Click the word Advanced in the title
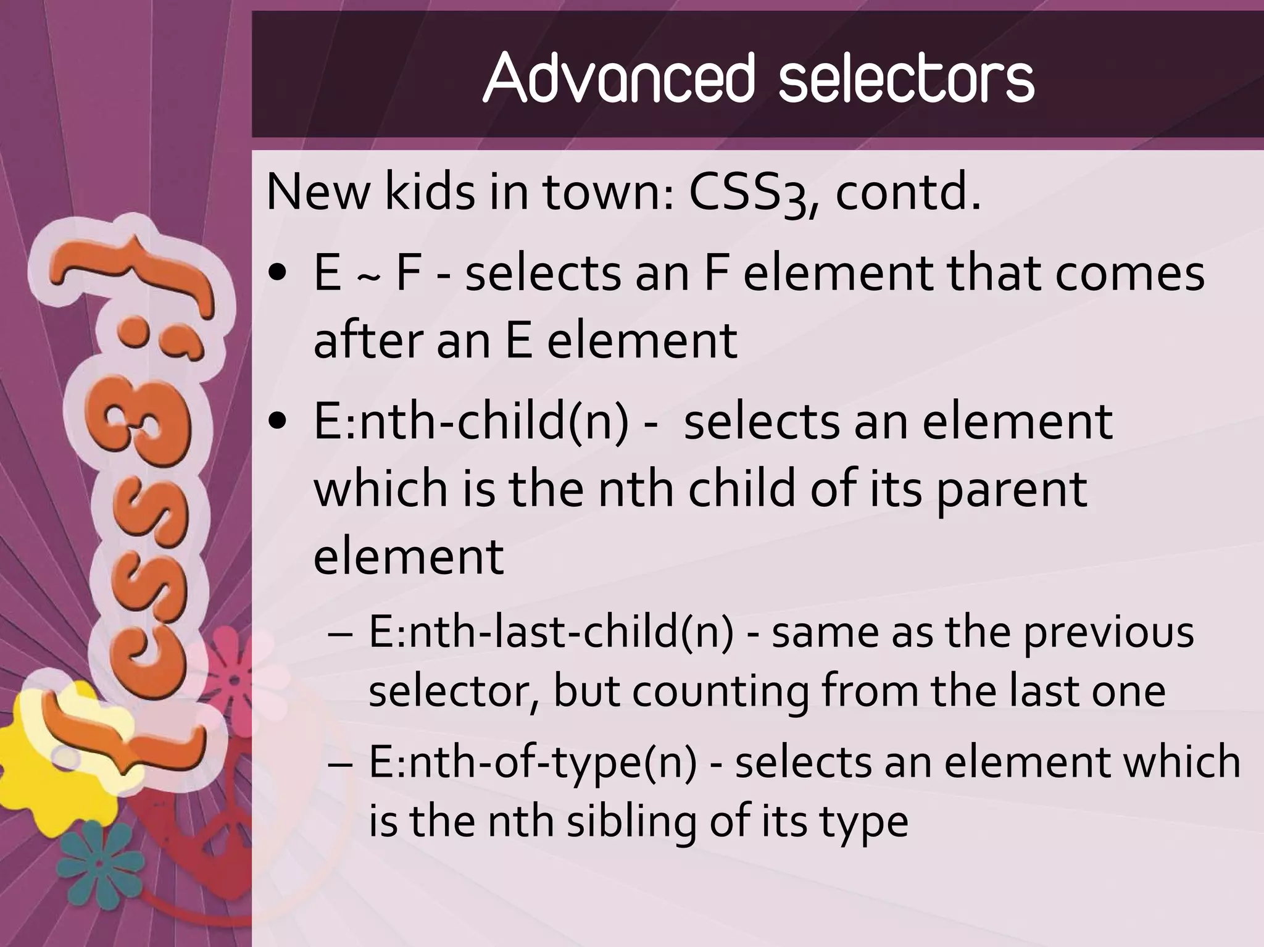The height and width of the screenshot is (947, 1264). click(x=619, y=78)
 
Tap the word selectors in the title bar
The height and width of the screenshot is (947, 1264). click(x=905, y=78)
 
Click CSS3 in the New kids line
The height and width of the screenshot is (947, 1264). click(x=747, y=193)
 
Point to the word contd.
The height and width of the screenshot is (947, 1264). click(x=907, y=193)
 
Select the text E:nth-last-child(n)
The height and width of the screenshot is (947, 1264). click(x=551, y=633)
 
